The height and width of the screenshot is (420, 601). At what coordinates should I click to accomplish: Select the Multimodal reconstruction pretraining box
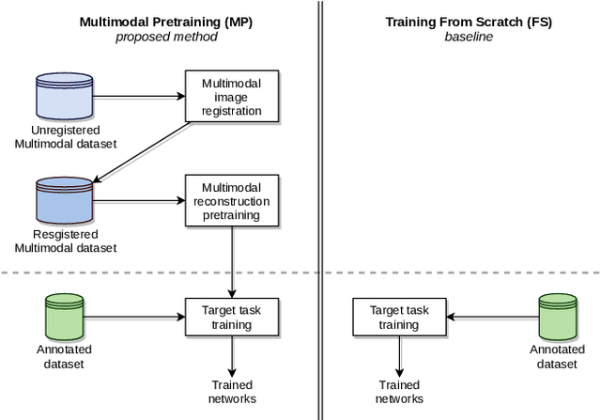point(231,201)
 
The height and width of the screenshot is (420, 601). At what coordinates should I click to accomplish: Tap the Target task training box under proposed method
point(231,317)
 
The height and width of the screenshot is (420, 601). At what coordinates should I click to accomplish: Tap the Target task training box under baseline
point(399,317)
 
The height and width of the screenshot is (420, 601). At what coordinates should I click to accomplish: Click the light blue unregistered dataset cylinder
point(64,95)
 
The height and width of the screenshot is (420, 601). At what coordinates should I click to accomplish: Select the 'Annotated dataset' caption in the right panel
point(557,356)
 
